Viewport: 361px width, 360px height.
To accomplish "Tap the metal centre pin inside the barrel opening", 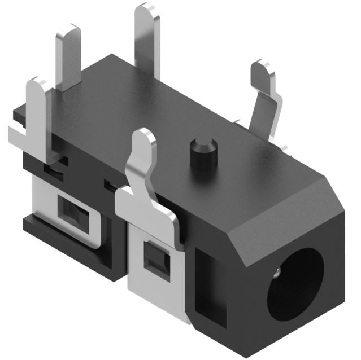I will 277,274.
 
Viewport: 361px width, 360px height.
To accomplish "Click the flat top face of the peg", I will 202,142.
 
